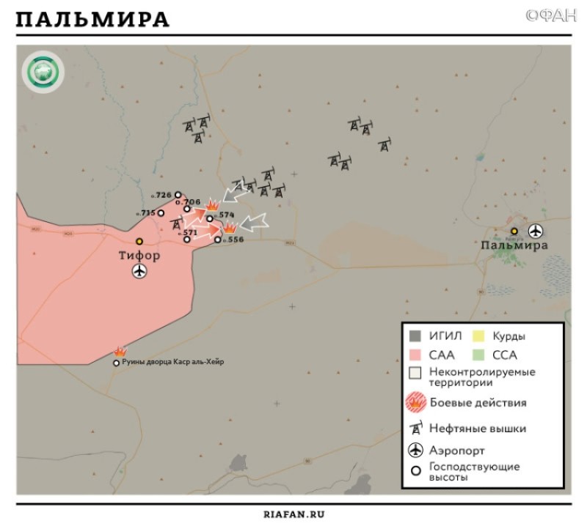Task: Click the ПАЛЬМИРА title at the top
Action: click(x=92, y=20)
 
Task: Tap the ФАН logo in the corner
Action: click(x=550, y=15)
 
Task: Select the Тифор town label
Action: click(x=139, y=256)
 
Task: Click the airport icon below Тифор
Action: click(x=139, y=272)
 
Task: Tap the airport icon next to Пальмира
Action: click(x=536, y=230)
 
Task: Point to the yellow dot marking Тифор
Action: click(x=139, y=241)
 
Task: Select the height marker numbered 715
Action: click(x=147, y=213)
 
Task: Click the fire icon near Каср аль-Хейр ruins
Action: click(x=120, y=352)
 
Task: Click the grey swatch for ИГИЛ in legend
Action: click(x=416, y=336)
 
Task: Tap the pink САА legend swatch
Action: click(x=416, y=355)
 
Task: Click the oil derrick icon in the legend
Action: click(x=416, y=429)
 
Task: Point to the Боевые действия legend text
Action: click(x=479, y=403)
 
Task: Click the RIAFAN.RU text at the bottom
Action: click(x=293, y=514)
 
